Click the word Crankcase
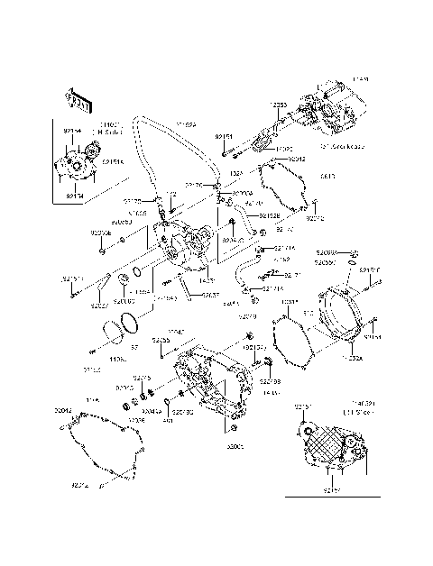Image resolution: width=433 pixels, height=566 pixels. click(344, 146)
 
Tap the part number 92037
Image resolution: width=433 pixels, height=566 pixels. click(100, 306)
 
